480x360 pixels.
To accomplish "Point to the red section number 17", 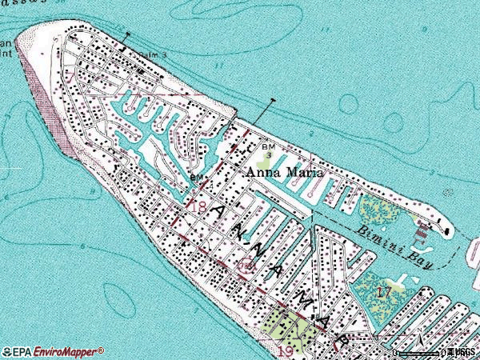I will [385, 292].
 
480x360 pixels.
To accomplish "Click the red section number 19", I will [285, 350].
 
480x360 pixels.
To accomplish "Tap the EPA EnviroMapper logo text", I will [53, 351].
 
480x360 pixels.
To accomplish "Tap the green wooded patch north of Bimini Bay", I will [376, 211].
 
